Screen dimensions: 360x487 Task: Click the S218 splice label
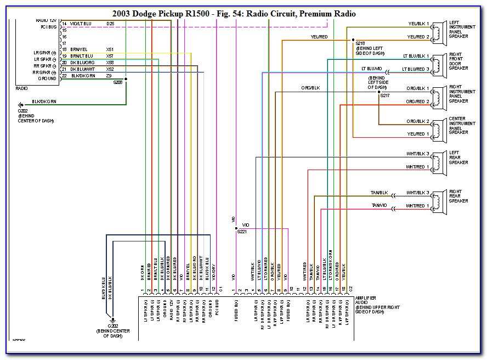pyautogui.click(x=360, y=43)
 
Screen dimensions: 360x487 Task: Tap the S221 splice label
pyautogui.click(x=241, y=232)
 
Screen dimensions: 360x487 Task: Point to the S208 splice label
pyautogui.click(x=118, y=82)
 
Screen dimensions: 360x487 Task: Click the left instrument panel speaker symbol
pyautogui.click(x=438, y=31)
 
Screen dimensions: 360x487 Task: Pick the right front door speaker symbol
pyautogui.click(x=438, y=63)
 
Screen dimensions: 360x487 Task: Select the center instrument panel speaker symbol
pyautogui.click(x=438, y=127)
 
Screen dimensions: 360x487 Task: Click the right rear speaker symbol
pyautogui.click(x=438, y=199)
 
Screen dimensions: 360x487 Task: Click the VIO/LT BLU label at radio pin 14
pyautogui.click(x=81, y=24)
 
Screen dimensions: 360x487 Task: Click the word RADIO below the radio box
pyautogui.click(x=22, y=87)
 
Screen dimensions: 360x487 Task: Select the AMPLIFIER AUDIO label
pyautogui.click(x=365, y=301)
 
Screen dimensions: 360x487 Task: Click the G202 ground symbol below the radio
pyautogui.click(x=21, y=104)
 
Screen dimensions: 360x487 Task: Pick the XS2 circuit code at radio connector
pyautogui.click(x=110, y=69)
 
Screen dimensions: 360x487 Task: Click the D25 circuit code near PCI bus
pyautogui.click(x=110, y=24)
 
